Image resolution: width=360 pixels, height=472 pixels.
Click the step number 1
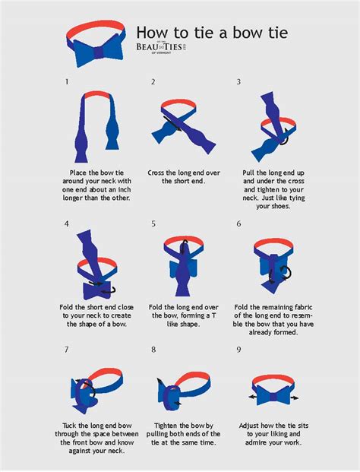click(x=67, y=81)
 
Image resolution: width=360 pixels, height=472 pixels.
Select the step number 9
click(x=238, y=349)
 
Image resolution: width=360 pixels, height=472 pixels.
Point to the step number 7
click(x=67, y=349)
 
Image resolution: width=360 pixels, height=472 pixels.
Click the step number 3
click(x=238, y=81)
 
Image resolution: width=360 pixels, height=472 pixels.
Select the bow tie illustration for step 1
click(x=95, y=125)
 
